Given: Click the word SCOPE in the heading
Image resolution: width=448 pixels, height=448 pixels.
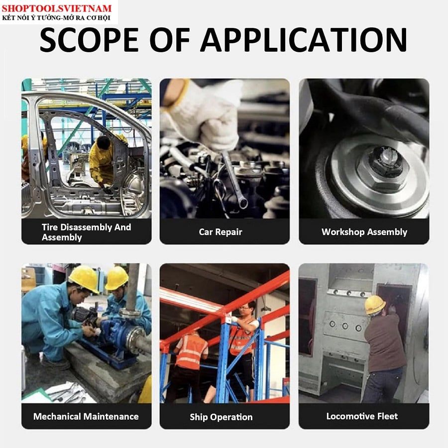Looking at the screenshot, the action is [x=89, y=39].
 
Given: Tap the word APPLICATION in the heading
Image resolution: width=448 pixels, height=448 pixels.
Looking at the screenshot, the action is [x=304, y=39].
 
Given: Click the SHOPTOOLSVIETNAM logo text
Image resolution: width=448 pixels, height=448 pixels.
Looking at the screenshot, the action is [x=57, y=8].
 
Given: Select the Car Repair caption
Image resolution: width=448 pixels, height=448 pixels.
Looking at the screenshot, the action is [x=221, y=232].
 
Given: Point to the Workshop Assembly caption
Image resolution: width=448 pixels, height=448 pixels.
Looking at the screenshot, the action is [x=364, y=232].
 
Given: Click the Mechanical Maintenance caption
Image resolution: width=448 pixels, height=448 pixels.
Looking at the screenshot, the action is [x=86, y=417].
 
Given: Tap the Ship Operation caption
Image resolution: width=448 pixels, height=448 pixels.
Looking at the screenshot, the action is [x=221, y=417].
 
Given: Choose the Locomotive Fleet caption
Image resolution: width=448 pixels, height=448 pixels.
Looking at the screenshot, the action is [x=362, y=416].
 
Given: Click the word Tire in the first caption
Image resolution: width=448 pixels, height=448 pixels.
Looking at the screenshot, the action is [x=50, y=227].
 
